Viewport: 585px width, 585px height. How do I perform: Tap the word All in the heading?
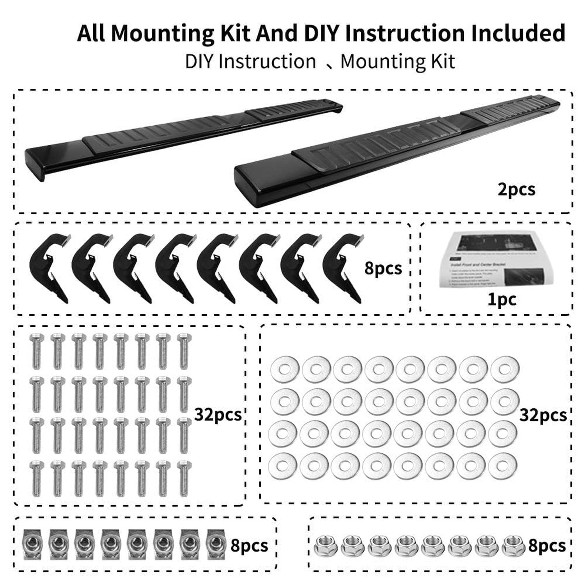pyautogui.click(x=91, y=33)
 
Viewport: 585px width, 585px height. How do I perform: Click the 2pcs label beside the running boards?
pyautogui.click(x=516, y=190)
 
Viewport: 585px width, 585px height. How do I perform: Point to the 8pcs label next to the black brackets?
pyautogui.click(x=383, y=268)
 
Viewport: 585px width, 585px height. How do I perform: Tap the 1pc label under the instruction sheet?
pyautogui.click(x=502, y=300)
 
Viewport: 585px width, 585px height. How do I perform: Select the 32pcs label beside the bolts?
pyautogui.click(x=218, y=415)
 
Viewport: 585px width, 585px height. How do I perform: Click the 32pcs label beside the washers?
pyautogui.click(x=543, y=415)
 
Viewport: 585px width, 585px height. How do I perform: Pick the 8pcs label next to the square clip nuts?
pyautogui.click(x=249, y=546)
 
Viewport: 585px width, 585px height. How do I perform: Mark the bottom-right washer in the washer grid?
pyautogui.click(x=502, y=466)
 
